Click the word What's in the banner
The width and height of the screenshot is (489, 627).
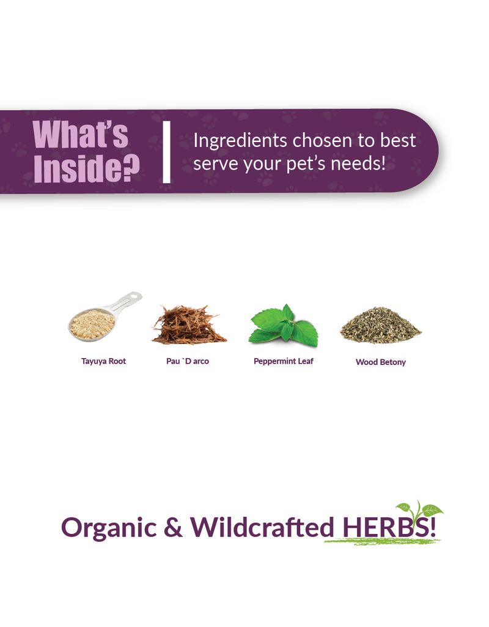pyautogui.click(x=80, y=134)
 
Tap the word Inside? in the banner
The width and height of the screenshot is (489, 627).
pyautogui.click(x=87, y=168)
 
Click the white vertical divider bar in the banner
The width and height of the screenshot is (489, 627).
pyautogui.click(x=167, y=152)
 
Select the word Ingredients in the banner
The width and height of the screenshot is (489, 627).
pyautogui.click(x=240, y=141)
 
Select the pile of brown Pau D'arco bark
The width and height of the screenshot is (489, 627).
pyautogui.click(x=189, y=325)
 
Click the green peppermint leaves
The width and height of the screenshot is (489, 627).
pyautogui.click(x=284, y=326)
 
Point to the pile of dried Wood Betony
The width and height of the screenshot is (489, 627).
pyautogui.click(x=380, y=326)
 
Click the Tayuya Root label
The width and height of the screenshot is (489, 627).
pyautogui.click(x=103, y=361)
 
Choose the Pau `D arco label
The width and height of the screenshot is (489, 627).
pyautogui.click(x=188, y=361)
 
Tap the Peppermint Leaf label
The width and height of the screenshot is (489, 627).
pyautogui.click(x=284, y=361)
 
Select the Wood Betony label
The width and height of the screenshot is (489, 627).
pyautogui.click(x=381, y=362)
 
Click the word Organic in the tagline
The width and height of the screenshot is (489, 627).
pyautogui.click(x=109, y=528)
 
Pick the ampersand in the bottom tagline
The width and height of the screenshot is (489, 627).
pyautogui.click(x=173, y=527)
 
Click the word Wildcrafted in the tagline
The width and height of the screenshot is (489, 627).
pyautogui.click(x=262, y=526)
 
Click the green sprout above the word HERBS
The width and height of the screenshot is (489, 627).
pyautogui.click(x=419, y=511)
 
